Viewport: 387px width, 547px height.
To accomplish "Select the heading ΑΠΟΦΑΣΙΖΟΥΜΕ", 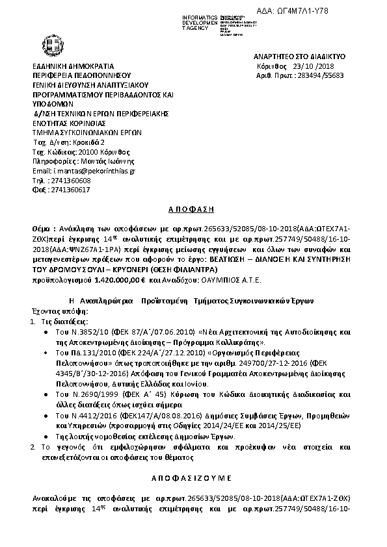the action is click(x=192, y=477).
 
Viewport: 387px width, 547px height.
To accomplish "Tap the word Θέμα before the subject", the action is click(x=43, y=230).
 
